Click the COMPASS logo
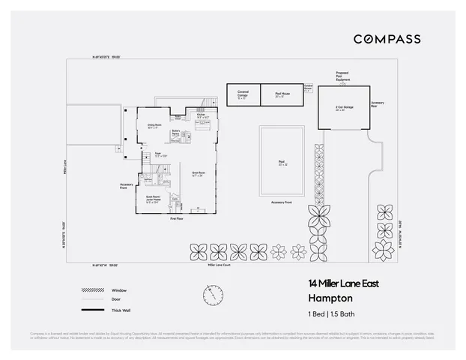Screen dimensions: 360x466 [387, 39]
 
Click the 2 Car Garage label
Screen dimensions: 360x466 [345, 107]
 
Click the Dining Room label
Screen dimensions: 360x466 [154, 126]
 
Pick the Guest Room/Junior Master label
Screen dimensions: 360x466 [154, 200]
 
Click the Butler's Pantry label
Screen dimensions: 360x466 [175, 132]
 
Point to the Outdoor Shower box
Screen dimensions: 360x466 [308, 88]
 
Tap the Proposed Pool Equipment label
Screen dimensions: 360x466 [342, 76]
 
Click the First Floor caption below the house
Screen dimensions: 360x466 [177, 218]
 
